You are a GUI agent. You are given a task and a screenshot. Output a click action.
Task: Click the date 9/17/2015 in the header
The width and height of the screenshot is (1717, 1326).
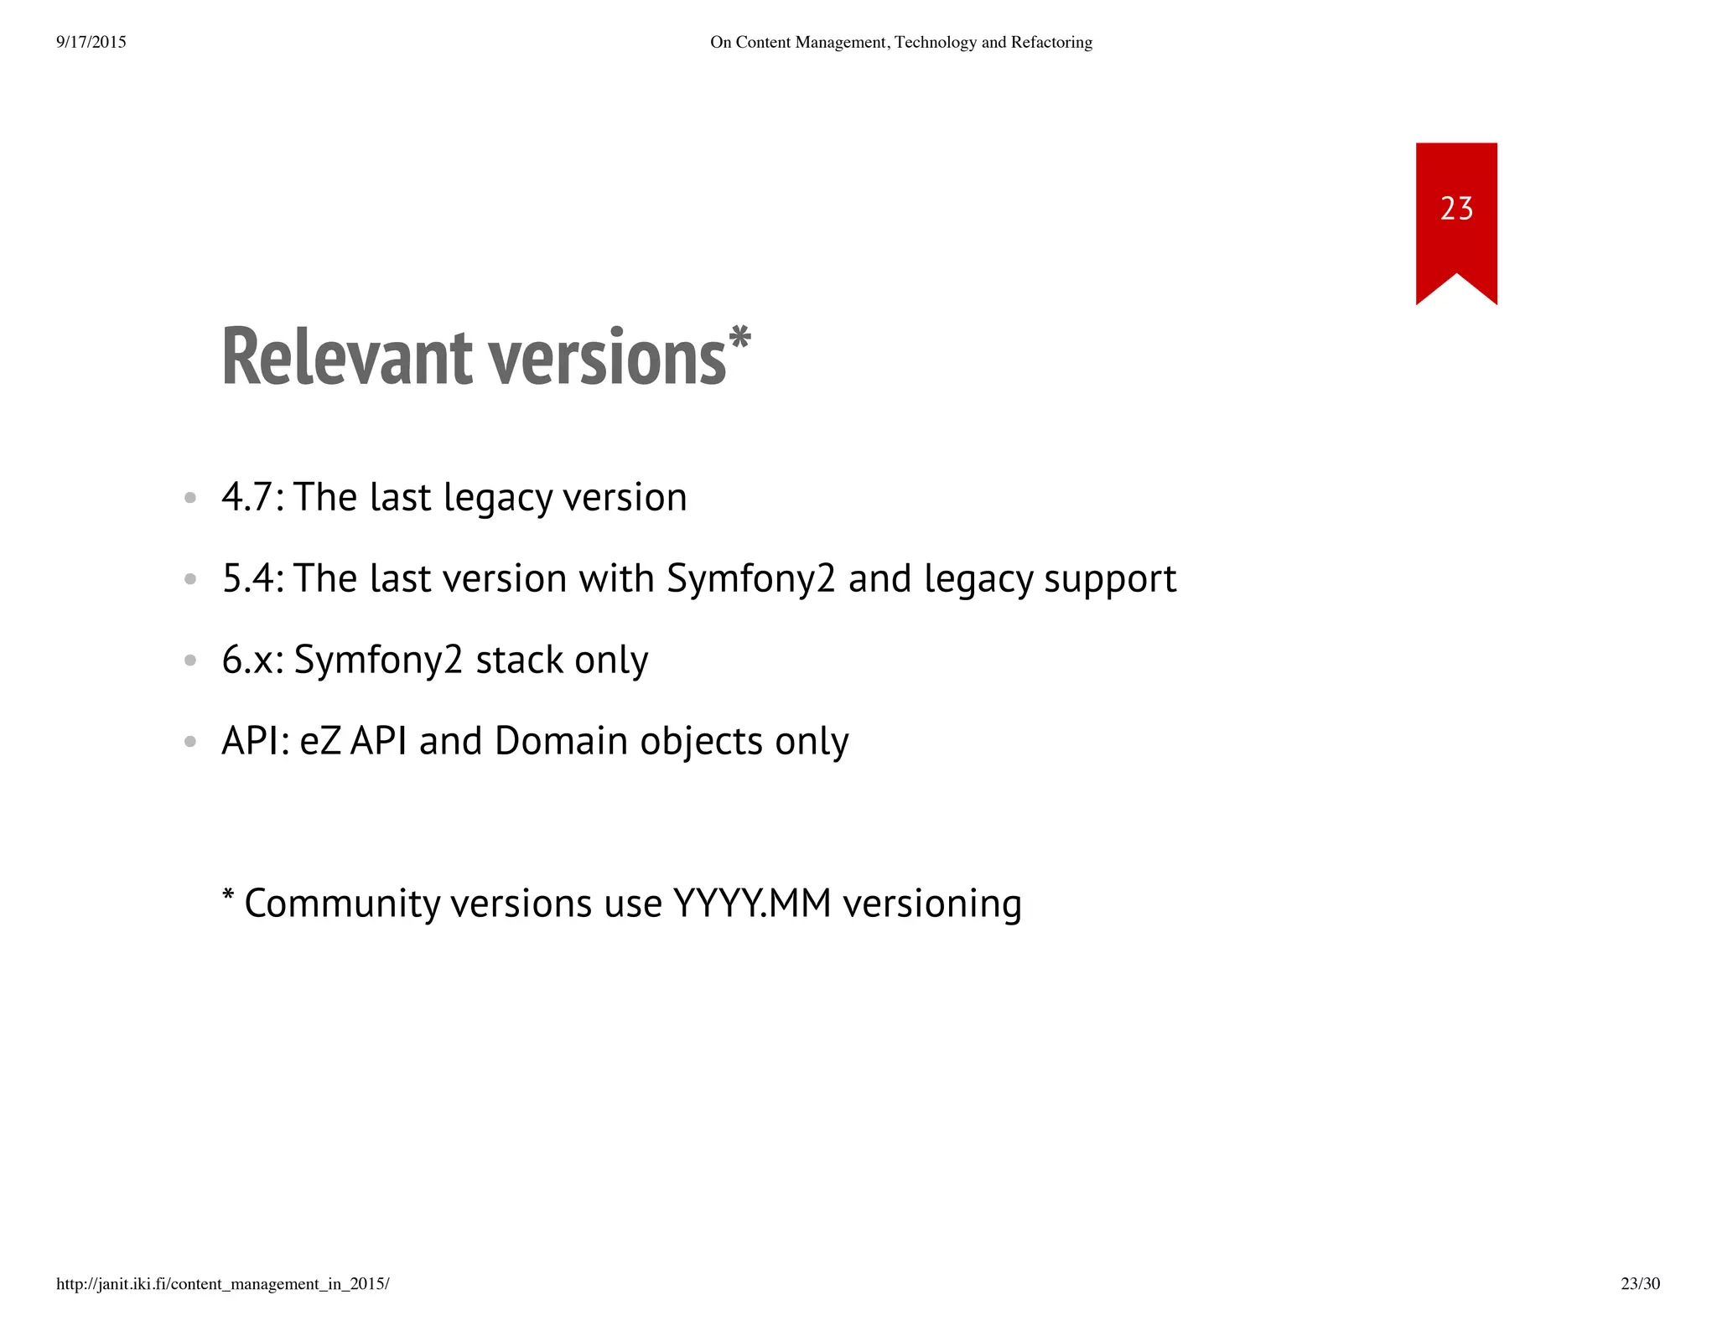pyautogui.click(x=91, y=42)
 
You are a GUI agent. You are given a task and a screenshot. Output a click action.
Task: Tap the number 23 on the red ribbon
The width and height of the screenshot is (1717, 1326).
pyautogui.click(x=1456, y=208)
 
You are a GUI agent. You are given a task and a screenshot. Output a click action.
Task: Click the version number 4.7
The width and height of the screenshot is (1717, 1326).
pyautogui.click(x=246, y=497)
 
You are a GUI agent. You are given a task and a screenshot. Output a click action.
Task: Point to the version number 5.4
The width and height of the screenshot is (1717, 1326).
pyautogui.click(x=247, y=578)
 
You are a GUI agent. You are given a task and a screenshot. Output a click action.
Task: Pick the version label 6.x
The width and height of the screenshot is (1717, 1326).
pyautogui.click(x=247, y=660)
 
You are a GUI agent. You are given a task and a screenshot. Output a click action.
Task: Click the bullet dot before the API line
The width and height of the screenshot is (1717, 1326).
pyautogui.click(x=190, y=742)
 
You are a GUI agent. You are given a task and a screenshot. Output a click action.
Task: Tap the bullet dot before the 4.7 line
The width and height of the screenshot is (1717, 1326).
pyautogui.click(x=190, y=498)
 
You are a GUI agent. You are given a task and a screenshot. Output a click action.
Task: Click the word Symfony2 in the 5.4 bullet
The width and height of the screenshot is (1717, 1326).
pyautogui.click(x=751, y=578)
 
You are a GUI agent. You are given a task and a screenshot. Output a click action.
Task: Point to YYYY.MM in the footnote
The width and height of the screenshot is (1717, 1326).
pyautogui.click(x=752, y=904)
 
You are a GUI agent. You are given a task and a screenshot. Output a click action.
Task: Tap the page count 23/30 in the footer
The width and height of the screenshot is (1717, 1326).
pyautogui.click(x=1640, y=1284)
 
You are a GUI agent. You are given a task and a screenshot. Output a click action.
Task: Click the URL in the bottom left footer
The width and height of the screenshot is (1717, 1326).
pyautogui.click(x=223, y=1284)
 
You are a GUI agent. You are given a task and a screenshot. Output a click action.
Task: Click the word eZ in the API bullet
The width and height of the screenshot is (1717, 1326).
pyautogui.click(x=319, y=741)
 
